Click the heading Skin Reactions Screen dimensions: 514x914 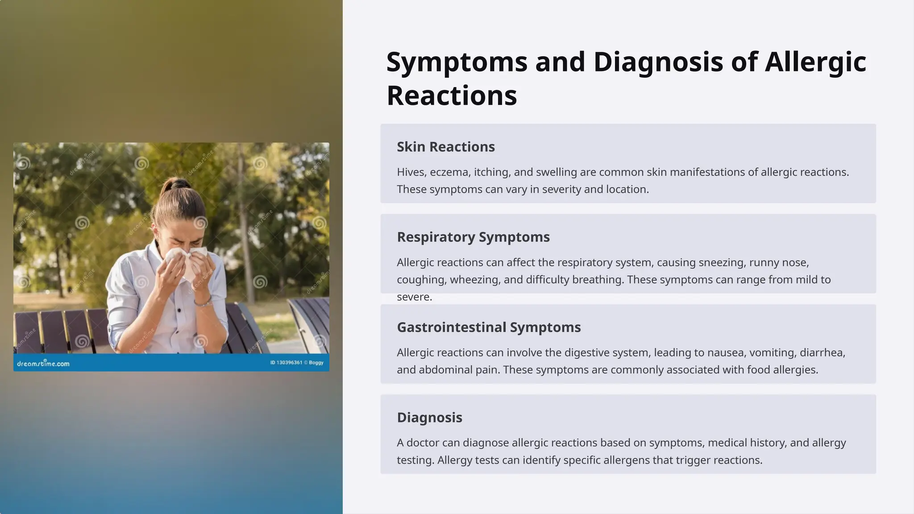445,147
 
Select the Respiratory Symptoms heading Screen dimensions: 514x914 473,237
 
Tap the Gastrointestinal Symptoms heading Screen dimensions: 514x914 489,327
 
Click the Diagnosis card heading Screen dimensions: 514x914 429,418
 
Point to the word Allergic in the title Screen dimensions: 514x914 815,62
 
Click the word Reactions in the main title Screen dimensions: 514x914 452,95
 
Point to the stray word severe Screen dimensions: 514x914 414,297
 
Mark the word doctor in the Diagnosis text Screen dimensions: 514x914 433,443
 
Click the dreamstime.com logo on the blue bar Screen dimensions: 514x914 43,363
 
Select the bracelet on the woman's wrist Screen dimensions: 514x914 204,303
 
